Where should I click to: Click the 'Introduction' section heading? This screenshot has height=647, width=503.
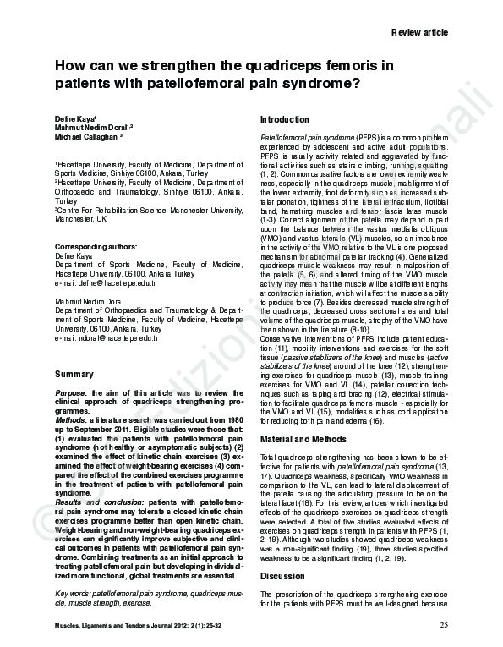[287, 119]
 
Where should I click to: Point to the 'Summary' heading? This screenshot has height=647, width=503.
[74, 373]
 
